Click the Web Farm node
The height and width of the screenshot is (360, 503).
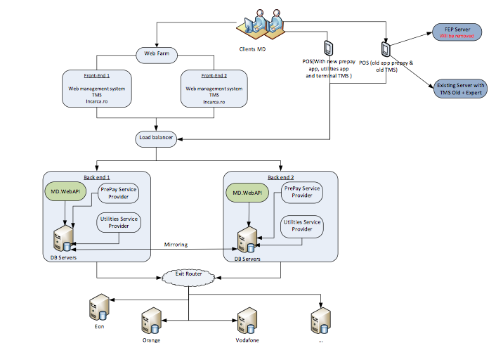click(157, 53)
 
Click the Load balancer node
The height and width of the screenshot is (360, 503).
click(156, 138)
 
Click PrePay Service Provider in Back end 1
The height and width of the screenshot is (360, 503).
click(118, 193)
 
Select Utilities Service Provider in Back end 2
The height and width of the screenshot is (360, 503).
click(301, 225)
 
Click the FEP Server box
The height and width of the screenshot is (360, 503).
click(457, 32)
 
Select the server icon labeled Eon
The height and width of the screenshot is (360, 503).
click(98, 307)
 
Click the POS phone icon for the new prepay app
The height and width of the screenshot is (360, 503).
click(328, 48)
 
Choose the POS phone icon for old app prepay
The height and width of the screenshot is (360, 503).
click(386, 49)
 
